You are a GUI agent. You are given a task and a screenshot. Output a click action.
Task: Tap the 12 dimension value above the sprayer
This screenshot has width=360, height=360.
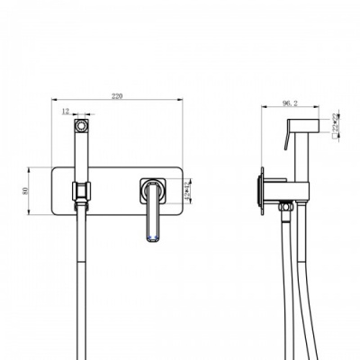(66, 111)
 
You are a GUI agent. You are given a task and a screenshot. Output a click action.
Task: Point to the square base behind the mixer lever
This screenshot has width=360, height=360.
(154, 191)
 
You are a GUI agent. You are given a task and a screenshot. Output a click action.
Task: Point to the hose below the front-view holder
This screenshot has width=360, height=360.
(82, 270)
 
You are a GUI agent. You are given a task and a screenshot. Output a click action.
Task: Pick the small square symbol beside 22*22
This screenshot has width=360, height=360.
(326, 125)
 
